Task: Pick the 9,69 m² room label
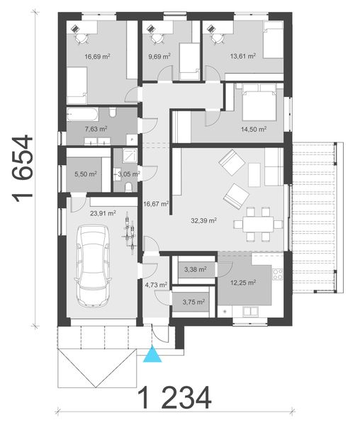(x=159, y=56)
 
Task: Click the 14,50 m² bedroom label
(x=254, y=129)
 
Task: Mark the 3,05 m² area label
(x=130, y=172)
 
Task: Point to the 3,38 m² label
(x=195, y=269)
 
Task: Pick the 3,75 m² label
(x=194, y=302)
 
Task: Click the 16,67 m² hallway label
(x=156, y=204)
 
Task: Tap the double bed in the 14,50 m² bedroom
(x=255, y=104)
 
